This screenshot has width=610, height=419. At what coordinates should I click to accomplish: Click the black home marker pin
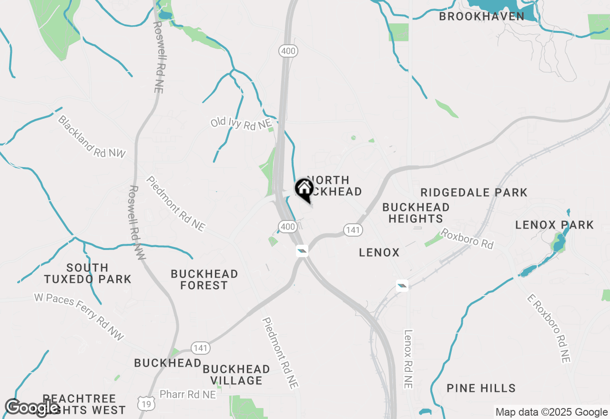(304, 190)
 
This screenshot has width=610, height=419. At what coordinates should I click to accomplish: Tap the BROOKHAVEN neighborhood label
(481, 16)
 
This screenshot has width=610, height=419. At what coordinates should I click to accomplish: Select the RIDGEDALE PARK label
(474, 192)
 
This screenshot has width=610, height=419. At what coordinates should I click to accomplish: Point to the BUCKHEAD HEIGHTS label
(416, 213)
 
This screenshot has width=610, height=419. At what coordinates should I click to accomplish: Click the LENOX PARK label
(555, 225)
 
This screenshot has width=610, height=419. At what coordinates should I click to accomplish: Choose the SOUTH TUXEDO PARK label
(87, 273)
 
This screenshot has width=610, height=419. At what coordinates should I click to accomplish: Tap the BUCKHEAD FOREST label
(204, 279)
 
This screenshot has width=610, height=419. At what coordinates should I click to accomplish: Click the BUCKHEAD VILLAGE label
(236, 375)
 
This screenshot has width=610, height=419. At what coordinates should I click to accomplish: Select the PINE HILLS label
(481, 388)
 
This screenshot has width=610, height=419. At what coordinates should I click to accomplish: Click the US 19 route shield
(145, 404)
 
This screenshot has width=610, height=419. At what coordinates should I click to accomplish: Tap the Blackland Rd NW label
(91, 136)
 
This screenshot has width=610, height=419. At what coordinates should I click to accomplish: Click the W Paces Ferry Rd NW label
(79, 317)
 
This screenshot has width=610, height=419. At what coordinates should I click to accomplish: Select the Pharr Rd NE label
(188, 394)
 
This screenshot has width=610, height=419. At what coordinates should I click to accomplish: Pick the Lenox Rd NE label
(408, 359)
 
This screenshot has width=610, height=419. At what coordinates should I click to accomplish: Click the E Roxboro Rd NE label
(549, 329)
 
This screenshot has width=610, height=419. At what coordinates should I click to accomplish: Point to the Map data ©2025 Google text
(551, 412)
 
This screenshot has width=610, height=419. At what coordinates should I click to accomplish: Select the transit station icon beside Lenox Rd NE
(402, 285)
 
